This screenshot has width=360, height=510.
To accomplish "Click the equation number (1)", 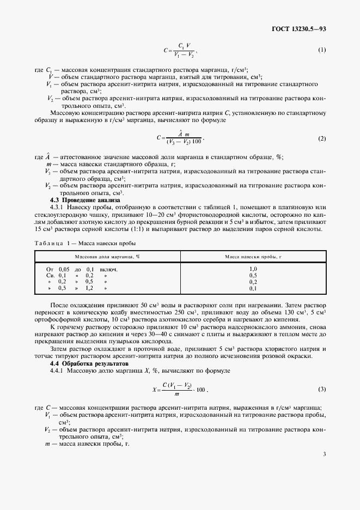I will [322, 50].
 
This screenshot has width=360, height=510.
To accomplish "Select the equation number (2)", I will [322, 139].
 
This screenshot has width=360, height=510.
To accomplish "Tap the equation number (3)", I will [322, 388].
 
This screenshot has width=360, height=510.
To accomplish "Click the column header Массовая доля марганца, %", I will [107, 256].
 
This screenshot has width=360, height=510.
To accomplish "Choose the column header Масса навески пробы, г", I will [253, 256].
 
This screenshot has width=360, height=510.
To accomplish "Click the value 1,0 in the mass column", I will [253, 269].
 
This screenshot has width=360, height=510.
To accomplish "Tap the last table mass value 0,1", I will [253, 288].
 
